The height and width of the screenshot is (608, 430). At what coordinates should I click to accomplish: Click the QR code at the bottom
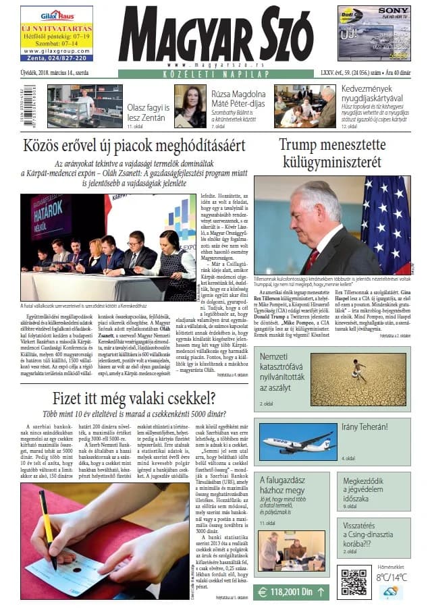pos(353,581)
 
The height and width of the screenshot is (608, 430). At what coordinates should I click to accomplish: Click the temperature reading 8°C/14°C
pos(392,577)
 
